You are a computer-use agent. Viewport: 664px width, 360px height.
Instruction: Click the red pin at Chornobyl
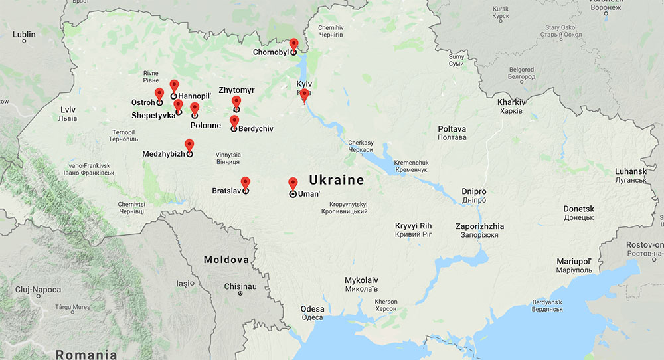tap(293, 45)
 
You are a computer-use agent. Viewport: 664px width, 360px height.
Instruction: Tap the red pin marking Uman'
tap(293, 183)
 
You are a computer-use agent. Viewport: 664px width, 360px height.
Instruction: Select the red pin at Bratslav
tap(245, 182)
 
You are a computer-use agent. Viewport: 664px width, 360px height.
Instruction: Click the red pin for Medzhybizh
tap(189, 145)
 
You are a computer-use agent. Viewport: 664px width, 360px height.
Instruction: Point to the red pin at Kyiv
tap(304, 95)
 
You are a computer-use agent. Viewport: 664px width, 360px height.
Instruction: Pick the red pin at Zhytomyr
tap(236, 102)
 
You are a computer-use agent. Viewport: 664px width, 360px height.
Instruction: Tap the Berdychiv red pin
tap(234, 120)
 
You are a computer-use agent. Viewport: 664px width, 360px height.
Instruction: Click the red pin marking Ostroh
tap(159, 94)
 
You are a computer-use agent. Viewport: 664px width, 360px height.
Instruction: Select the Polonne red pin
tap(195, 108)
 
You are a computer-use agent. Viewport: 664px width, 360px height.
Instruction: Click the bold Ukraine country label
tap(336, 180)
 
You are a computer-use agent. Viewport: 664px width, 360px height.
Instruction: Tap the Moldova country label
tap(226, 260)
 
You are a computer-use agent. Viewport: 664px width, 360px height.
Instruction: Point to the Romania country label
tap(90, 354)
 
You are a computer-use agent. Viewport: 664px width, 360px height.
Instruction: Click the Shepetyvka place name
tap(153, 115)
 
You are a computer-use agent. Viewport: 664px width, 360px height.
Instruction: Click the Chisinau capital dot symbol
tap(240, 293)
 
